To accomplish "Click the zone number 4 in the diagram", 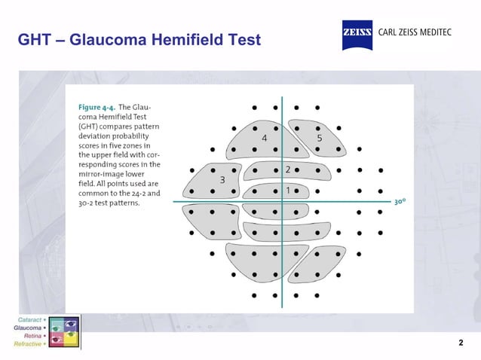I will tap(264, 139).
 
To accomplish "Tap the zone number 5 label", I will tap(319, 139).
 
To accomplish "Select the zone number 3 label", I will tap(222, 180).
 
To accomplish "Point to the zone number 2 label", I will tap(287, 169).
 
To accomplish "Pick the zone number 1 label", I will tap(287, 191).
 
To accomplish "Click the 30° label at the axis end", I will tap(400, 202).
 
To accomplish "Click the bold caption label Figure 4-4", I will tap(97, 108).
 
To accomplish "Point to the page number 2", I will tap(461, 343).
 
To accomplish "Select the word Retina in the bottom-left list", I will tap(32, 336).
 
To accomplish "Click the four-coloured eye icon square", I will tap(64, 332).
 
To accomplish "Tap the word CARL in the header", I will tap(389, 34).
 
